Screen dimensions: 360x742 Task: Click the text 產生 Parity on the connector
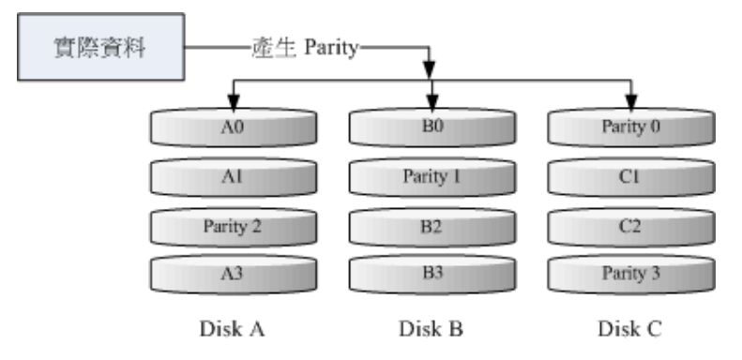pos(305,47)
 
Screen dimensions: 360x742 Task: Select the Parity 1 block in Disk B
pos(432,176)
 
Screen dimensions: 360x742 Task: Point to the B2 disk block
pos(432,225)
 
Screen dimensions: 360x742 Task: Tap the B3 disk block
pos(432,274)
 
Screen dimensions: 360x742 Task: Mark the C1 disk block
pos(630,176)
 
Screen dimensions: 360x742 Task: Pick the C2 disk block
pos(630,225)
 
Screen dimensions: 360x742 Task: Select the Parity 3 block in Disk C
pos(630,274)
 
